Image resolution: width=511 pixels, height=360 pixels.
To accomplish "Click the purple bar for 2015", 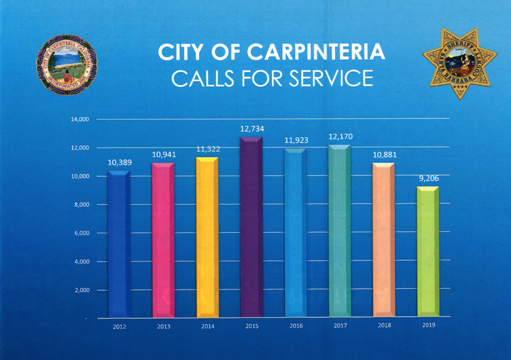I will (x=251, y=229).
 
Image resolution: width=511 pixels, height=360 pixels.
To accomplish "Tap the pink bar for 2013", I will (x=163, y=241).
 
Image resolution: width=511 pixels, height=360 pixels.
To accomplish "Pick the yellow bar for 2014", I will (x=207, y=238).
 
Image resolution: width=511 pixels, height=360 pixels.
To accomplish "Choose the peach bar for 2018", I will (x=383, y=241).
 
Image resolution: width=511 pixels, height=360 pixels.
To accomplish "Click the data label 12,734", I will (x=252, y=128).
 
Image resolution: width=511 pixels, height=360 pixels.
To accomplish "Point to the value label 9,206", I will (x=428, y=177).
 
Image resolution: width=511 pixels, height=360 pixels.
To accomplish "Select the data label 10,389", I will (x=119, y=162).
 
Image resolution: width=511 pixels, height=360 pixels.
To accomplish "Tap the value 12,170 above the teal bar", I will (x=340, y=137).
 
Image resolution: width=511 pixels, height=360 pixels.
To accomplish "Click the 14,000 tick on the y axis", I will (x=80, y=119).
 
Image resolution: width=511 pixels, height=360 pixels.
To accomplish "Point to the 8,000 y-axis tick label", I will (x=81, y=205).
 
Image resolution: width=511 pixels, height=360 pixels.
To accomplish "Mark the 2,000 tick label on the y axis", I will (x=81, y=290).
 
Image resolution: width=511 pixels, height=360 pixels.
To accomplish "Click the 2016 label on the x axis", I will (x=296, y=326).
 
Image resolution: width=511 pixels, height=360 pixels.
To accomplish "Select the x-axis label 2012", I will (x=119, y=327).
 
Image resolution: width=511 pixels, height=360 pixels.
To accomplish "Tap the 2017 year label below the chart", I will (x=340, y=326).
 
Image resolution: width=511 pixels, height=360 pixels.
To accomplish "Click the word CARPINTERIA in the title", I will (x=316, y=52).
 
